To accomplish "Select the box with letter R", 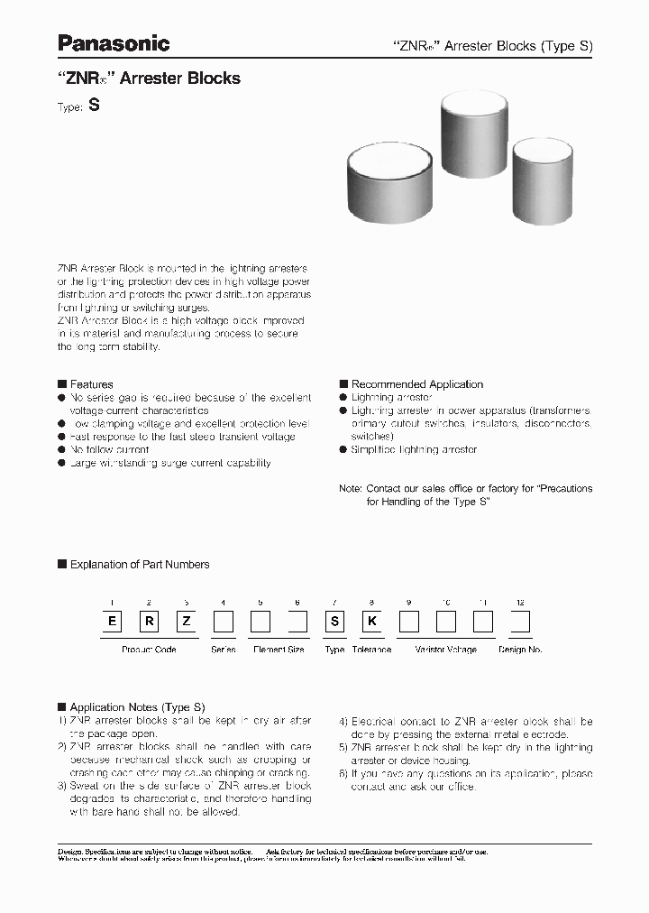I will click(x=148, y=622).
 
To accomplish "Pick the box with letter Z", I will click(x=185, y=622).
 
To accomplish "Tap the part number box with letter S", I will click(x=334, y=622).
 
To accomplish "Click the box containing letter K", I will click(x=370, y=622).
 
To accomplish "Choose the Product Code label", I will click(x=148, y=650).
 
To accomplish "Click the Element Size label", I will click(x=279, y=650).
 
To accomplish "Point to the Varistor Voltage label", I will click(x=445, y=650).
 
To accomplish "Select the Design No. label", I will click(x=520, y=650).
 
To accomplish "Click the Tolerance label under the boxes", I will click(x=370, y=650).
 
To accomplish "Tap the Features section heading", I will click(x=91, y=384).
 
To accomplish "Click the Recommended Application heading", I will click(x=416, y=384).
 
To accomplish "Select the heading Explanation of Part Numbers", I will click(x=140, y=565).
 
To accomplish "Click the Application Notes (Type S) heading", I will click(x=137, y=707).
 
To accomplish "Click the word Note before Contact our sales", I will click(x=350, y=488).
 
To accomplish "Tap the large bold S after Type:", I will click(x=94, y=105).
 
